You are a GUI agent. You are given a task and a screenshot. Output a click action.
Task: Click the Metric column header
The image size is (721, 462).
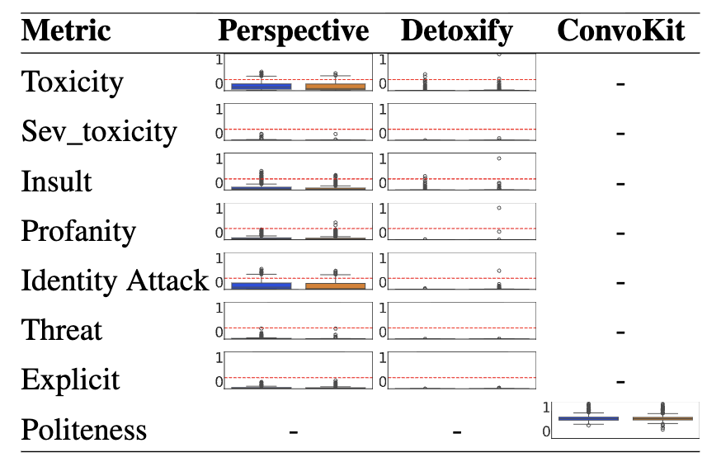click(x=66, y=31)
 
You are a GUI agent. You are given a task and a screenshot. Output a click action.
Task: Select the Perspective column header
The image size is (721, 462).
click(x=293, y=31)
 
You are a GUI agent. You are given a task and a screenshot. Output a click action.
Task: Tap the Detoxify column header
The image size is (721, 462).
click(x=456, y=31)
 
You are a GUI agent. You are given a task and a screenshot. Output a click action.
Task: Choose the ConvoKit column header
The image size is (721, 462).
click(x=620, y=31)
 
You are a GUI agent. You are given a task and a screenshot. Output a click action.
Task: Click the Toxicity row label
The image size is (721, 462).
click(x=72, y=82)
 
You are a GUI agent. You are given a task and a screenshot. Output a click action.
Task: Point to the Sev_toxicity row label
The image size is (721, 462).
click(x=98, y=132)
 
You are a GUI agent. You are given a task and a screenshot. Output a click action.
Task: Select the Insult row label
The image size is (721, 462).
click(x=56, y=181)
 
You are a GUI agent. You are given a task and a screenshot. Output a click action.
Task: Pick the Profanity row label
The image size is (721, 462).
click(x=78, y=231)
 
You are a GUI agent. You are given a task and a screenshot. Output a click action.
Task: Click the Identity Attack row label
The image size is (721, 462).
click(x=115, y=280)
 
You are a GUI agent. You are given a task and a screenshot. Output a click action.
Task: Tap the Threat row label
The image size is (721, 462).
click(x=62, y=330)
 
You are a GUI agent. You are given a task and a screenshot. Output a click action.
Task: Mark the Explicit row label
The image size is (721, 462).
click(x=70, y=379)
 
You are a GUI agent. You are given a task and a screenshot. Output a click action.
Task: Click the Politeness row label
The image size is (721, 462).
click(x=84, y=430)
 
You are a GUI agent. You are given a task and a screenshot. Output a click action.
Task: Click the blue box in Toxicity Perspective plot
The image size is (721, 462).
click(x=261, y=86)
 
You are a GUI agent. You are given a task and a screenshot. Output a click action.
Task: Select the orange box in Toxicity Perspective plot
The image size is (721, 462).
click(x=335, y=86)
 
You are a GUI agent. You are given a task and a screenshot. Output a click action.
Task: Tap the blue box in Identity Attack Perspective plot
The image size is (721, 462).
click(x=261, y=285)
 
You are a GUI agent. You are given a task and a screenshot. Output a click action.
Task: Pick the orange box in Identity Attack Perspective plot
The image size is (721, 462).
click(x=335, y=285)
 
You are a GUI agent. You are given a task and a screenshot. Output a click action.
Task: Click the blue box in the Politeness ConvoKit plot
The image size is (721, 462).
click(x=588, y=418)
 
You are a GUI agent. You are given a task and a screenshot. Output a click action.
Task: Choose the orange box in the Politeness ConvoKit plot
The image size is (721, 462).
click(x=662, y=418)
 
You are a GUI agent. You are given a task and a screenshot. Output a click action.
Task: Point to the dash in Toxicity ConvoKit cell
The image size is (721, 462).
click(x=620, y=83)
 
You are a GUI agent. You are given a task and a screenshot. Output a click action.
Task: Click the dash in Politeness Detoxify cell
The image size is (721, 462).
click(x=456, y=431)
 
